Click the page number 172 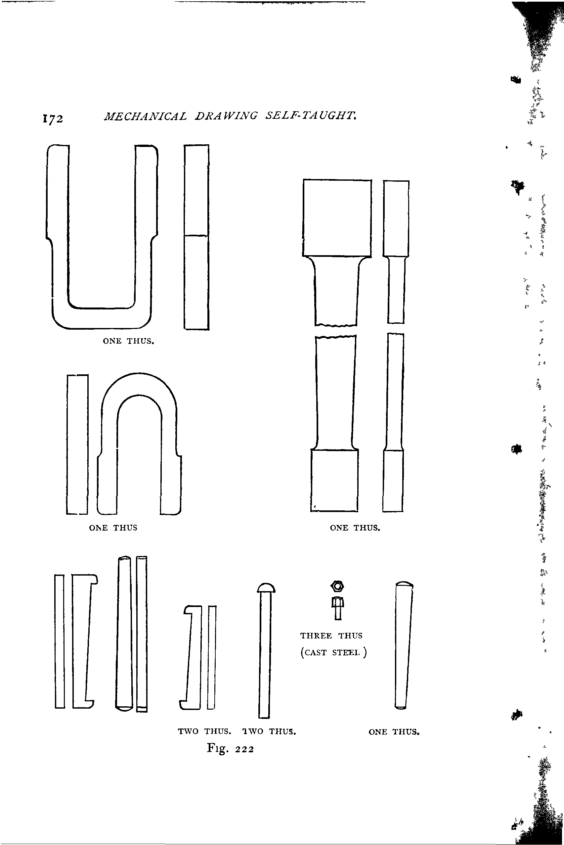click(x=53, y=119)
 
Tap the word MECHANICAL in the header click(x=145, y=116)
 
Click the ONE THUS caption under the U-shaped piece click(x=128, y=341)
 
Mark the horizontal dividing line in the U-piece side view click(x=196, y=236)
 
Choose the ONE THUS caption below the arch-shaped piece click(x=113, y=528)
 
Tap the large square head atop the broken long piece click(x=337, y=218)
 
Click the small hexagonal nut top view click(x=337, y=586)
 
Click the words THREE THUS click(x=331, y=635)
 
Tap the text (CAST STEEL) click(x=333, y=652)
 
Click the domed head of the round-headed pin click(x=266, y=588)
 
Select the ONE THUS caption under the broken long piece click(x=355, y=528)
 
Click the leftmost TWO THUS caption click(x=204, y=731)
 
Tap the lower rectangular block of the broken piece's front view click(x=334, y=481)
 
